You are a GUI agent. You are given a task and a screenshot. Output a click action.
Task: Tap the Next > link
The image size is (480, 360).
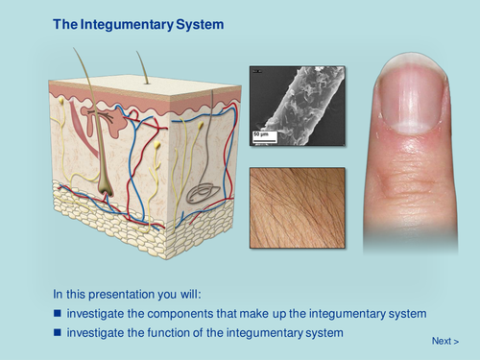pyautogui.click(x=444, y=341)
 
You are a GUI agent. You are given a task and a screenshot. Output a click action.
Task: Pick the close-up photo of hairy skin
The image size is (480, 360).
pyautogui.click(x=296, y=208)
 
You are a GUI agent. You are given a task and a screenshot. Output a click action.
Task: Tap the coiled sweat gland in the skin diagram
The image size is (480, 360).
pyautogui.click(x=202, y=191)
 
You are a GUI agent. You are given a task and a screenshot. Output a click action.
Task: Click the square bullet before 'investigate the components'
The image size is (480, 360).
pyautogui.click(x=58, y=314)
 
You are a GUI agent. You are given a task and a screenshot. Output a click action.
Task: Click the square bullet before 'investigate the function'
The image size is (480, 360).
pyautogui.click(x=58, y=333)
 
